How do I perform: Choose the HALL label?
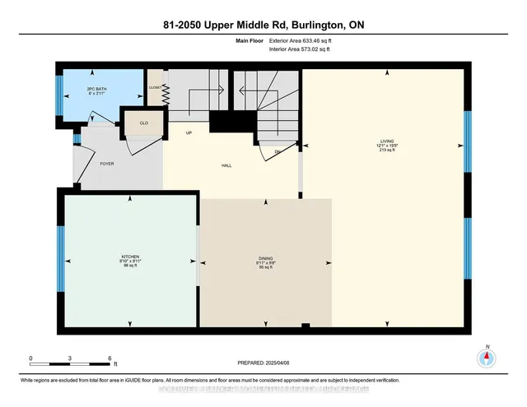226,165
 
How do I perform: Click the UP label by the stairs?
189,132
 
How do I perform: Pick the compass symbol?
487,358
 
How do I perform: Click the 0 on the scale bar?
30,358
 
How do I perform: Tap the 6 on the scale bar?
110,358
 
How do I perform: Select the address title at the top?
263,25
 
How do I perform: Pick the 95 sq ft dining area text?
265,268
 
